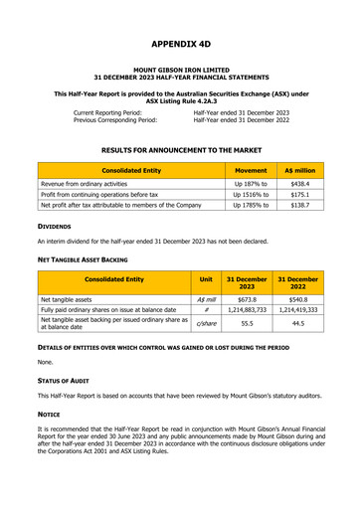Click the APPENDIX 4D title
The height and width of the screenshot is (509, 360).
(179, 45)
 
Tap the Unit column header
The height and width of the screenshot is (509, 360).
(206, 280)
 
